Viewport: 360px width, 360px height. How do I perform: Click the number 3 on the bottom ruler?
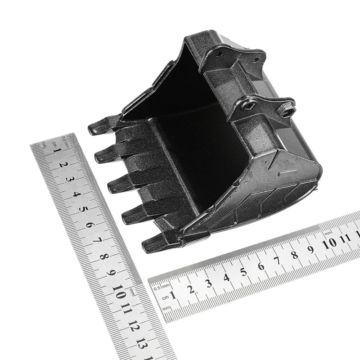(x=209, y=283)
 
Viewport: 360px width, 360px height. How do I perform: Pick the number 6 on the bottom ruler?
(x=261, y=266)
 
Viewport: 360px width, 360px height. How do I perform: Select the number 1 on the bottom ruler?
(x=174, y=295)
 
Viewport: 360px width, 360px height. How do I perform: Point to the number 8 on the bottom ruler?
(x=294, y=255)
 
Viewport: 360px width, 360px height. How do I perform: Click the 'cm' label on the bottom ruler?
(x=166, y=297)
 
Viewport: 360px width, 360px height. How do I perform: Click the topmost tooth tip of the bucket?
(x=92, y=130)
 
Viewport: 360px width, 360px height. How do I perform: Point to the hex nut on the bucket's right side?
(x=286, y=109)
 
